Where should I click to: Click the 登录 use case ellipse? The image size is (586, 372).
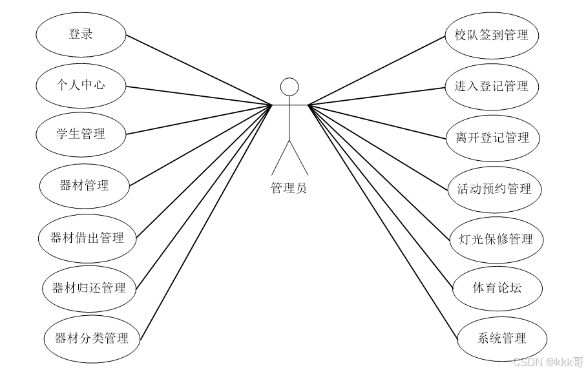pyautogui.click(x=81, y=34)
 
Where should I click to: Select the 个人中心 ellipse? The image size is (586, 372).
pyautogui.click(x=81, y=85)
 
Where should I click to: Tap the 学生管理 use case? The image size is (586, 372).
pyautogui.click(x=81, y=134)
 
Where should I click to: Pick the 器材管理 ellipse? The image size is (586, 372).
pyautogui.click(x=84, y=186)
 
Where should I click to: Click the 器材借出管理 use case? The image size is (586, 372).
pyautogui.click(x=87, y=238)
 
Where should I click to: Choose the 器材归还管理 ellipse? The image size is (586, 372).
pyautogui.click(x=89, y=288)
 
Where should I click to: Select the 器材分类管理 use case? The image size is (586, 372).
pyautogui.click(x=91, y=338)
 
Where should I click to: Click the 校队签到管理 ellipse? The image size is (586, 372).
pyautogui.click(x=492, y=35)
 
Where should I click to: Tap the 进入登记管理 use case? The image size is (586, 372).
pyautogui.click(x=492, y=86)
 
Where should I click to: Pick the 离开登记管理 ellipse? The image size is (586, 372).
pyautogui.click(x=492, y=138)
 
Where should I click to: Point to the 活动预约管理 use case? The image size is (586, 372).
pyautogui.click(x=494, y=189)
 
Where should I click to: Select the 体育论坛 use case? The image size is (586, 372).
pyautogui.click(x=497, y=288)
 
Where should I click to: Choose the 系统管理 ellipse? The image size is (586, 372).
pyautogui.click(x=502, y=338)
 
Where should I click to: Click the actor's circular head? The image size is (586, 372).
pyautogui.click(x=289, y=87)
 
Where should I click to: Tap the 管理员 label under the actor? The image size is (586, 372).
pyautogui.click(x=289, y=189)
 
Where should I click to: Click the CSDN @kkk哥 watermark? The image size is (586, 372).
pyautogui.click(x=548, y=362)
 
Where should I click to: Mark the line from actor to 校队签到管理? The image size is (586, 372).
pyautogui.click(x=377, y=69)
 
